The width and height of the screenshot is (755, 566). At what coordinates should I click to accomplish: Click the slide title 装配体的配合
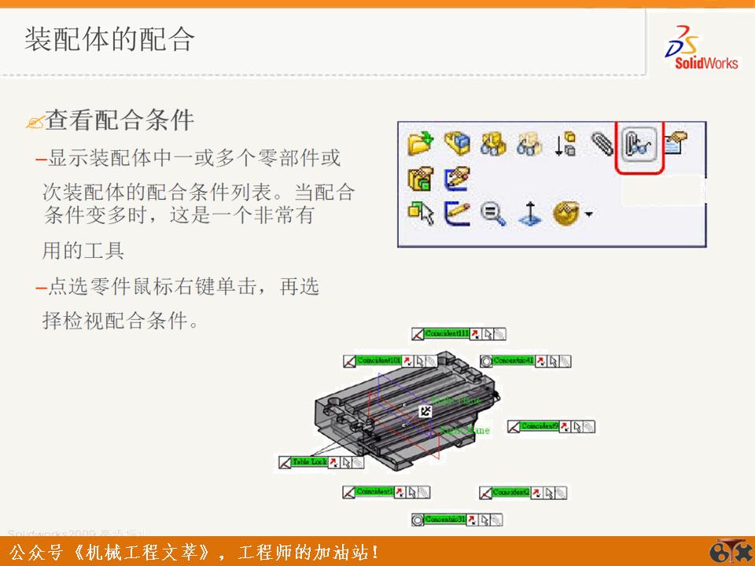pos(109,39)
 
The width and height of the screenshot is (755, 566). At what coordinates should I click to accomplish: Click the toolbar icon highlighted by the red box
pos(639,145)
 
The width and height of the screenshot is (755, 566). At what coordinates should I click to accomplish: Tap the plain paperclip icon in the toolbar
pos(602,143)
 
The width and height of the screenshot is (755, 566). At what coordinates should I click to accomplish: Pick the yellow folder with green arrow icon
pos(421,143)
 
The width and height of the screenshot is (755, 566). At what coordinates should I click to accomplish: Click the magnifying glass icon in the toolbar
pos(493,214)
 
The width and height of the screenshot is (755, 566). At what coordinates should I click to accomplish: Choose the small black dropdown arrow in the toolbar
pos(588,214)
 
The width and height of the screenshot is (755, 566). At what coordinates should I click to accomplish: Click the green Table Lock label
pos(309,462)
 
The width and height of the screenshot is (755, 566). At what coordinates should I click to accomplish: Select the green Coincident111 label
pos(446,334)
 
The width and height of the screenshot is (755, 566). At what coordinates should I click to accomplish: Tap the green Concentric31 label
pos(445,520)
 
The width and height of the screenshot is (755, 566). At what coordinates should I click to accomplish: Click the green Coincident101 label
pos(378,361)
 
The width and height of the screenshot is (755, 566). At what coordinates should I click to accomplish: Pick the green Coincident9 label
pos(539,427)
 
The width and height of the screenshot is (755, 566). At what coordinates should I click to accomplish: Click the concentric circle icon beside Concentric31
pos(418,520)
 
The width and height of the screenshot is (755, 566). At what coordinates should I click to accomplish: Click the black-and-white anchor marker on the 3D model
pos(425,411)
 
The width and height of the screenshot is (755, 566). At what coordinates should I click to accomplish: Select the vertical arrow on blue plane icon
pos(531,214)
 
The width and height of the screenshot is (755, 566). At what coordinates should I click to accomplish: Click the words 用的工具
pos(83,252)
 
